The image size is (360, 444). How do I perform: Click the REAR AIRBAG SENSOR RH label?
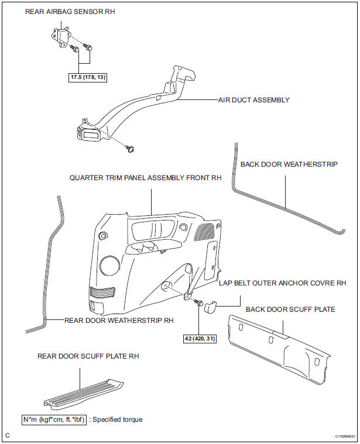coord(70,12)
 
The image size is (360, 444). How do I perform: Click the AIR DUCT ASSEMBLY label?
coord(254,100)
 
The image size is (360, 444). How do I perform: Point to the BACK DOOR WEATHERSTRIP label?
coord(289,164)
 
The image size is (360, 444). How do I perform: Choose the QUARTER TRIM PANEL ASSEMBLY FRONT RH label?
coord(145,178)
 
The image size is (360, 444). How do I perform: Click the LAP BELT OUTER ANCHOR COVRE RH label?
coord(282,283)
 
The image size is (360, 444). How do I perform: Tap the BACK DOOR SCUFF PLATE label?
coord(290,309)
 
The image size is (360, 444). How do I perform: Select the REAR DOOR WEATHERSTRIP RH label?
coord(119,321)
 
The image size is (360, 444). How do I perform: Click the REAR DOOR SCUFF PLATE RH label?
coord(88,356)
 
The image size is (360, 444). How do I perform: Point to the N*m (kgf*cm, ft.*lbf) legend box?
coord(54,419)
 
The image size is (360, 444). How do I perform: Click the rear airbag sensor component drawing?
coord(60,37)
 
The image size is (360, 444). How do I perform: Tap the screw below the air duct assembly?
coord(131,149)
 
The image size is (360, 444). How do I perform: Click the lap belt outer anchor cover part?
coord(210,307)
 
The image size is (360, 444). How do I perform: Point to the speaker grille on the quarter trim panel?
coord(204,232)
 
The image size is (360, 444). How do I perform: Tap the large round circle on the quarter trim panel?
coord(109,266)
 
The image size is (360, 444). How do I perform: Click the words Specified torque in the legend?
coord(118,419)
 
